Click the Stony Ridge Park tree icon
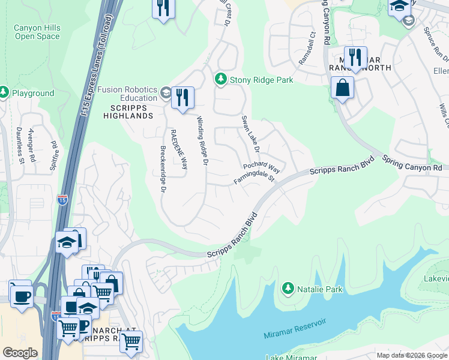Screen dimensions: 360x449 [221, 79]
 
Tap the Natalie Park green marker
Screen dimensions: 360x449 [288, 289]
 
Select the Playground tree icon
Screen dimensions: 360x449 [4, 93]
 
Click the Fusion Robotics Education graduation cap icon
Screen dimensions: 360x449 [166, 93]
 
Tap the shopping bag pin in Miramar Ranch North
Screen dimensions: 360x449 [342, 89]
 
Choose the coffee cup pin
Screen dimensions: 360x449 [22, 296]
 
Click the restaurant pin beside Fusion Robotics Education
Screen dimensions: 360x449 [182, 97]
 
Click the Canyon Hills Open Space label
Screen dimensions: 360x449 [37, 31]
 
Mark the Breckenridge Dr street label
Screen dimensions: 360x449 [163, 169]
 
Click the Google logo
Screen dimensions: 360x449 [20, 353]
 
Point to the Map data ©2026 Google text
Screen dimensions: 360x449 [412, 355]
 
